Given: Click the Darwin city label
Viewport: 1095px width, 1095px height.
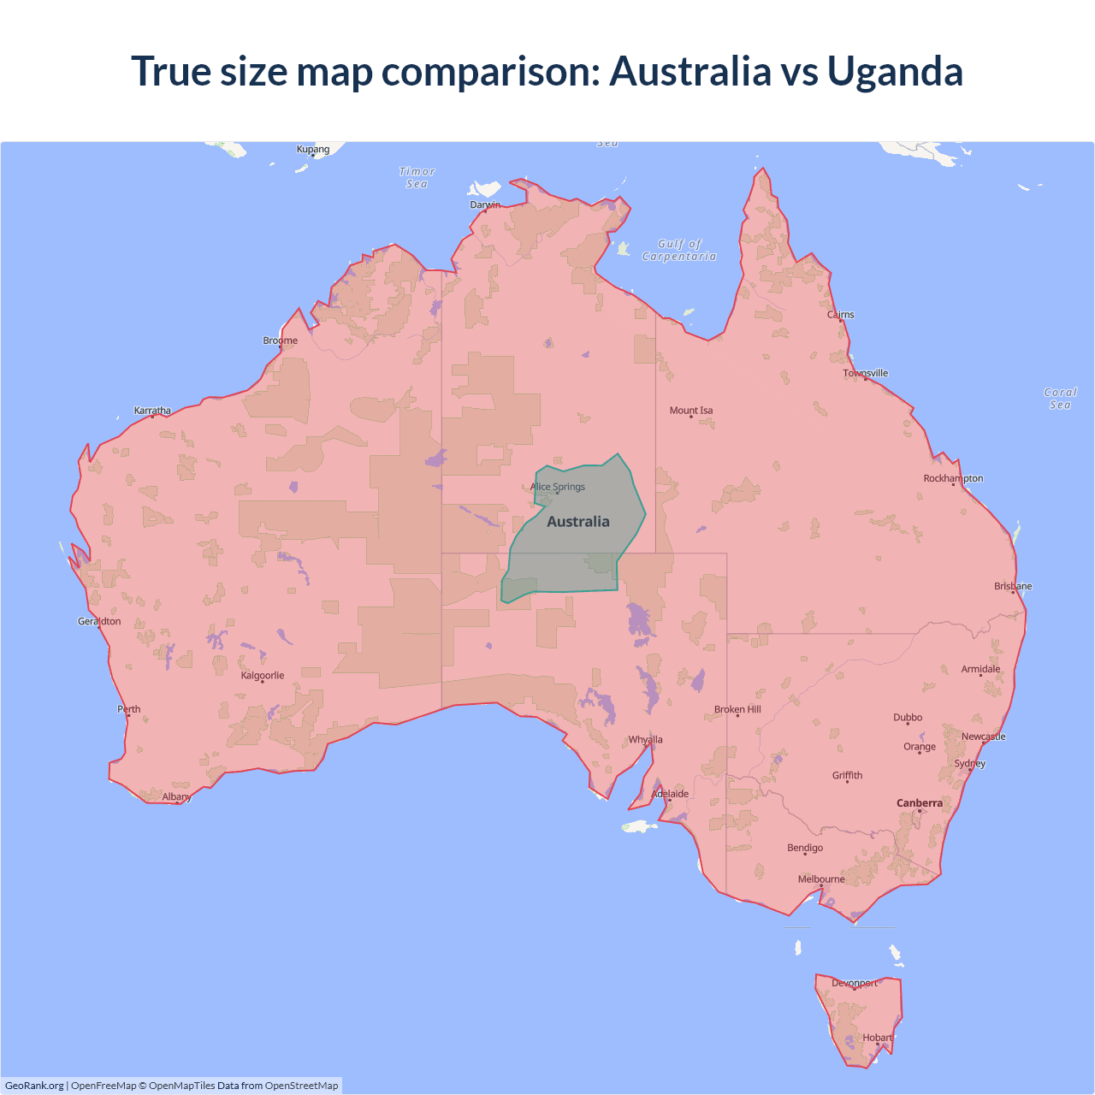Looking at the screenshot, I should click(x=485, y=205).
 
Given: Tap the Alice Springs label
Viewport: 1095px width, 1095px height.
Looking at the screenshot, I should click(x=558, y=487).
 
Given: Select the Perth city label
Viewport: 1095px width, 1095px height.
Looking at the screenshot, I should click(x=129, y=709).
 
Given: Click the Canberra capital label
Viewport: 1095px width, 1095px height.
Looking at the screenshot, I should click(x=920, y=803).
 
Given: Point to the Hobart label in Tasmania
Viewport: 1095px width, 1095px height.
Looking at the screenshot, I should click(x=877, y=1038).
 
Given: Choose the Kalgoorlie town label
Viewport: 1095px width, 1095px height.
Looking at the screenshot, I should click(x=263, y=676).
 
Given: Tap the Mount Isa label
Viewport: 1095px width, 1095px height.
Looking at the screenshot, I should click(x=691, y=411).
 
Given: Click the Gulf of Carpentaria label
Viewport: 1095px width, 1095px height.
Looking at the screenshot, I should click(x=679, y=250).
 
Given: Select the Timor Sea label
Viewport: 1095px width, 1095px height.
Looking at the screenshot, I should click(x=417, y=178).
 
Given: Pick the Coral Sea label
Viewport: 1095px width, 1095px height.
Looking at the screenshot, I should click(x=1060, y=399).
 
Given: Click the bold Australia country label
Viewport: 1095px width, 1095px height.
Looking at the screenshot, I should click(x=578, y=522).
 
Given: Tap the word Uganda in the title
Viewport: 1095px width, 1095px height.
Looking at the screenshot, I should click(x=895, y=71).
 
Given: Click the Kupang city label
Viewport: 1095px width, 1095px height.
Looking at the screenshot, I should click(x=313, y=150).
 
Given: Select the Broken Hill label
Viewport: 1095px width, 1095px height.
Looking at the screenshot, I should click(x=737, y=710).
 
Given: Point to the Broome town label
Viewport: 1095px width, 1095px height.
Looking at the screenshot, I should click(x=281, y=340).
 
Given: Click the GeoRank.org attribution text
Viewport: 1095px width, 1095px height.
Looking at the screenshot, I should click(x=34, y=1086).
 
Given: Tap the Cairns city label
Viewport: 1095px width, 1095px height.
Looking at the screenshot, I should click(x=841, y=315).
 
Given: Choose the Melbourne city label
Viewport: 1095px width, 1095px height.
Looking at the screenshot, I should click(x=821, y=879).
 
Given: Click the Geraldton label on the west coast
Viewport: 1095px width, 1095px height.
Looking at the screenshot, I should click(x=99, y=622).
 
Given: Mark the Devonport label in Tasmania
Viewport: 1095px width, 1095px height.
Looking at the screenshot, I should click(x=855, y=984).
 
